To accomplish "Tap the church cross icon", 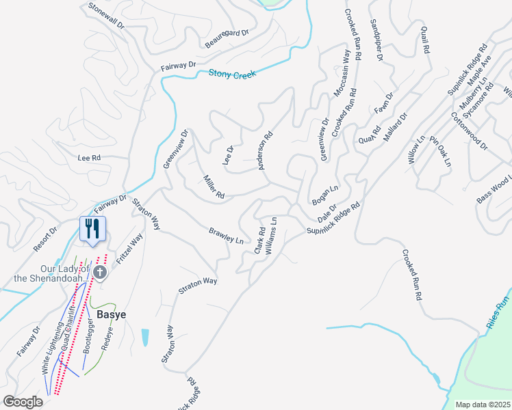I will (x=100, y=273).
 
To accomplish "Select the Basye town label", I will (x=111, y=315).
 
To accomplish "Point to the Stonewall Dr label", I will (x=106, y=16).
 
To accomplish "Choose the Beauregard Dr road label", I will (x=227, y=40).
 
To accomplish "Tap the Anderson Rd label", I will (x=265, y=150).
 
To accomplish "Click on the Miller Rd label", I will (x=214, y=187).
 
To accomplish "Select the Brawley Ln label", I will (x=226, y=236).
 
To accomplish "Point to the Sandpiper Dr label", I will (x=376, y=40).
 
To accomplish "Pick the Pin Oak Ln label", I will (x=441, y=151).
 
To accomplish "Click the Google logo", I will (x=23, y=401).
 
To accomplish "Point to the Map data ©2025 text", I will (x=482, y=405).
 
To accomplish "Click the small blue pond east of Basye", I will (x=144, y=337).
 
